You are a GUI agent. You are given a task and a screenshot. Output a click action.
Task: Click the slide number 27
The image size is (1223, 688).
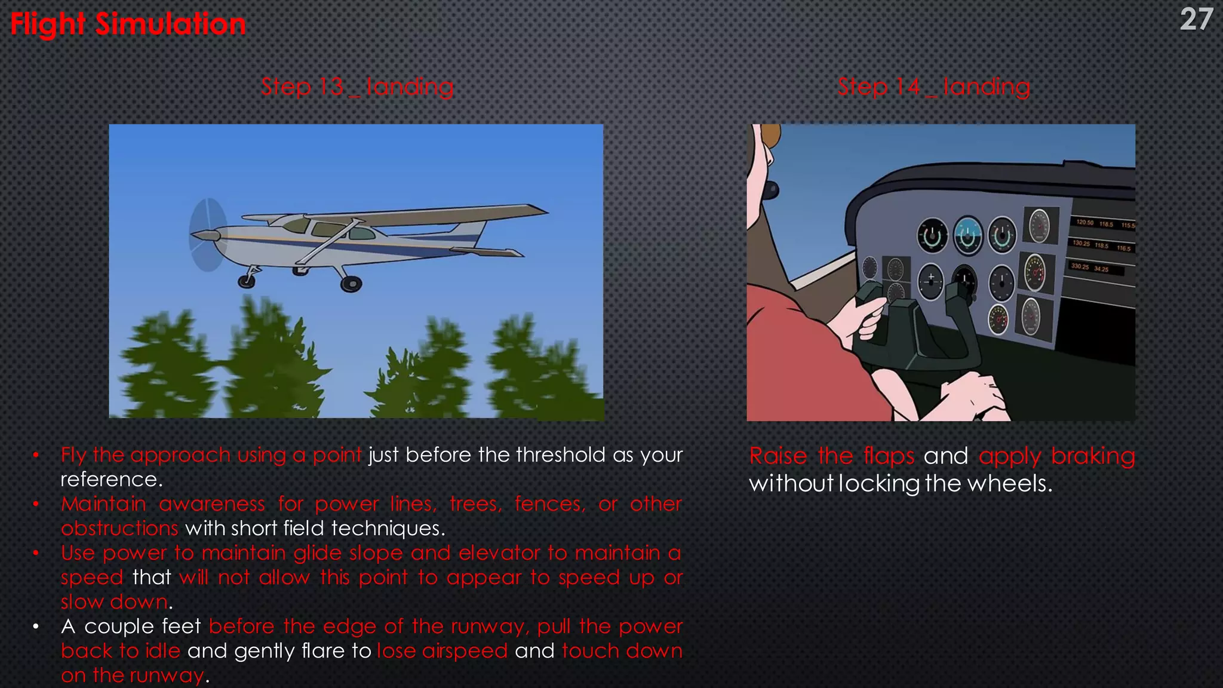click(1196, 20)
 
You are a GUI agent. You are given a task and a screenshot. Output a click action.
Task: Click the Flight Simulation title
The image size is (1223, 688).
click(128, 24)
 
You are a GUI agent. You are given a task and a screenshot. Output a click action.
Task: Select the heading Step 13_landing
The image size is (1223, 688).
click(357, 87)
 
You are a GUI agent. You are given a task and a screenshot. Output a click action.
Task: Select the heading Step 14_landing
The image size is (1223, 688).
click(933, 87)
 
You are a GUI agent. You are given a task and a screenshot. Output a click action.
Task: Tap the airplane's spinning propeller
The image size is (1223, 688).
click(207, 235)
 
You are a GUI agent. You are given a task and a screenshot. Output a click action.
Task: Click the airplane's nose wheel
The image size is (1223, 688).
click(246, 281)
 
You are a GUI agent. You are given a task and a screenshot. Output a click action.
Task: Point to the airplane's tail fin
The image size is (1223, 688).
click(478, 230)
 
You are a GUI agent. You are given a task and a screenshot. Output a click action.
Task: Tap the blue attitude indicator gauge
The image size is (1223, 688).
click(967, 236)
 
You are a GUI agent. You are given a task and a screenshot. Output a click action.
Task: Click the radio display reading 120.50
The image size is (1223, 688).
click(1084, 223)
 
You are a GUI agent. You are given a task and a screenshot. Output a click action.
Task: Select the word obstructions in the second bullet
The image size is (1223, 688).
click(119, 529)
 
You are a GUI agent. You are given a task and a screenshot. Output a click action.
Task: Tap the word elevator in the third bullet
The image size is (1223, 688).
click(499, 553)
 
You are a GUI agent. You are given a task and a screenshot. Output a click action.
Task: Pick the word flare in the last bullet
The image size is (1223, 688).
click(322, 651)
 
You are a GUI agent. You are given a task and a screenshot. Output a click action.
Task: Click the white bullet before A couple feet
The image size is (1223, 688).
click(36, 627)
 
